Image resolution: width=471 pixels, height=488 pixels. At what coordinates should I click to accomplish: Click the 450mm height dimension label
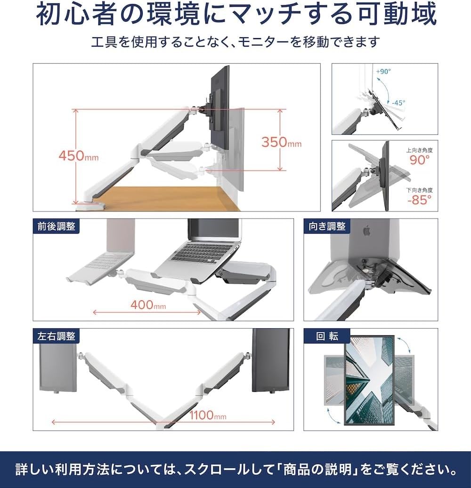click(x=79, y=156)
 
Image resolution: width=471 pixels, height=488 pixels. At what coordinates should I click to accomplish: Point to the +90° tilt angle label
click(x=384, y=72)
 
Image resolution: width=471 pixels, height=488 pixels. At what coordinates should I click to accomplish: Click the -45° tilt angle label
click(x=398, y=102)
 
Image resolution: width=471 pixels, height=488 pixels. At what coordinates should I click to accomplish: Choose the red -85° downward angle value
click(x=419, y=199)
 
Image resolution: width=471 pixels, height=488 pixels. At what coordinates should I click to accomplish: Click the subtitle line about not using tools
click(x=235, y=42)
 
